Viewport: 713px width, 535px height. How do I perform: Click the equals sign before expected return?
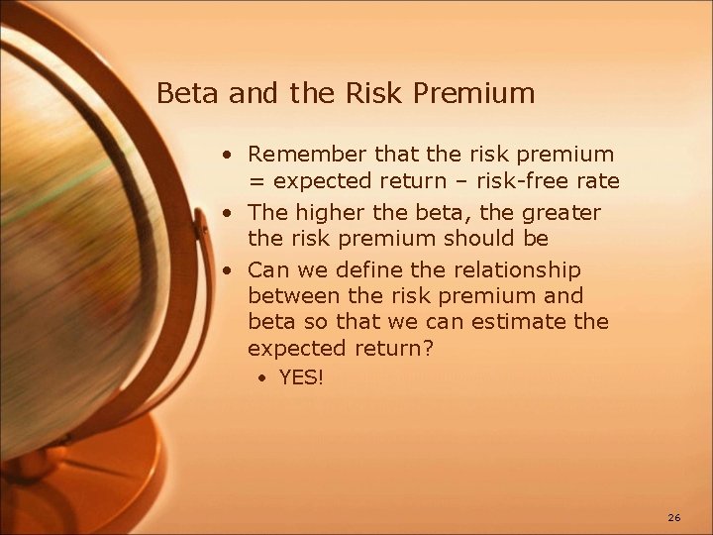[x=255, y=181]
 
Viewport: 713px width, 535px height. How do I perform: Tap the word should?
[x=478, y=239]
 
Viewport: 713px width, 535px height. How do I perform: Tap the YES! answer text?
[x=301, y=376]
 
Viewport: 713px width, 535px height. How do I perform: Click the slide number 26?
[x=674, y=518]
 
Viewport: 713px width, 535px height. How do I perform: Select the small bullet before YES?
[x=264, y=377]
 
